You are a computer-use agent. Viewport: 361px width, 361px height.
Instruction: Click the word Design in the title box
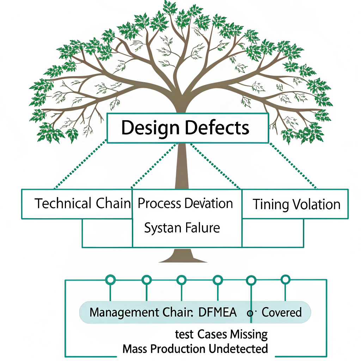click(x=151, y=128)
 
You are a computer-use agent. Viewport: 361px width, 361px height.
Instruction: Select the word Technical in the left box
click(x=63, y=204)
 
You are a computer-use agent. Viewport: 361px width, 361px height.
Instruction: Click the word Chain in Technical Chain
click(x=113, y=204)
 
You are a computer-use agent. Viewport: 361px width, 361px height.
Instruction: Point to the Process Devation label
click(x=185, y=204)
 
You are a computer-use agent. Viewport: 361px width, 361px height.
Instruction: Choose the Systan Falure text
click(x=182, y=228)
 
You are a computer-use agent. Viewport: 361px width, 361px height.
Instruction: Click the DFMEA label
click(x=218, y=312)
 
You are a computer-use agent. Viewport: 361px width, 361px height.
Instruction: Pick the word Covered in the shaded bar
click(x=282, y=312)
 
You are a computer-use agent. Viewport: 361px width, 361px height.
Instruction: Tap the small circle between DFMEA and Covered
click(x=250, y=313)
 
